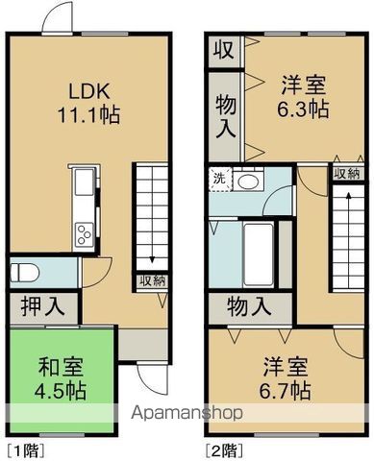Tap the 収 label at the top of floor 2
224,49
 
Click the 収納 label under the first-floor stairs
151,280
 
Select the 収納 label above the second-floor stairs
347,173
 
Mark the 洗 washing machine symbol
218,179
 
